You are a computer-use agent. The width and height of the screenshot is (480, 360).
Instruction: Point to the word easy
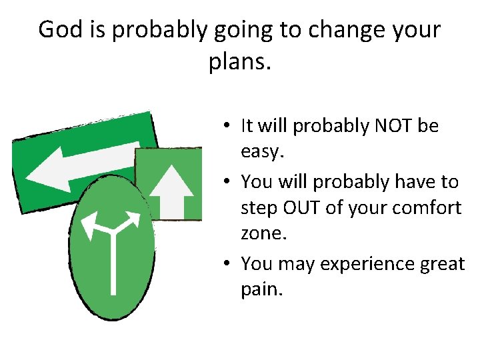pyautogui.click(x=263, y=153)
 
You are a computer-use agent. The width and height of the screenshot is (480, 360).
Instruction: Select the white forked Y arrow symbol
pyautogui.click(x=112, y=240)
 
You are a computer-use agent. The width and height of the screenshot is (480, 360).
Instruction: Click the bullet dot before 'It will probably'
pyautogui.click(x=228, y=125)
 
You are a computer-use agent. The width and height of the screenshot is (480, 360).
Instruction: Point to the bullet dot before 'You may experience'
pyautogui.click(x=228, y=264)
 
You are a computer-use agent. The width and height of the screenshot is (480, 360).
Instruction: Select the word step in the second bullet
pyautogui.click(x=261, y=208)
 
